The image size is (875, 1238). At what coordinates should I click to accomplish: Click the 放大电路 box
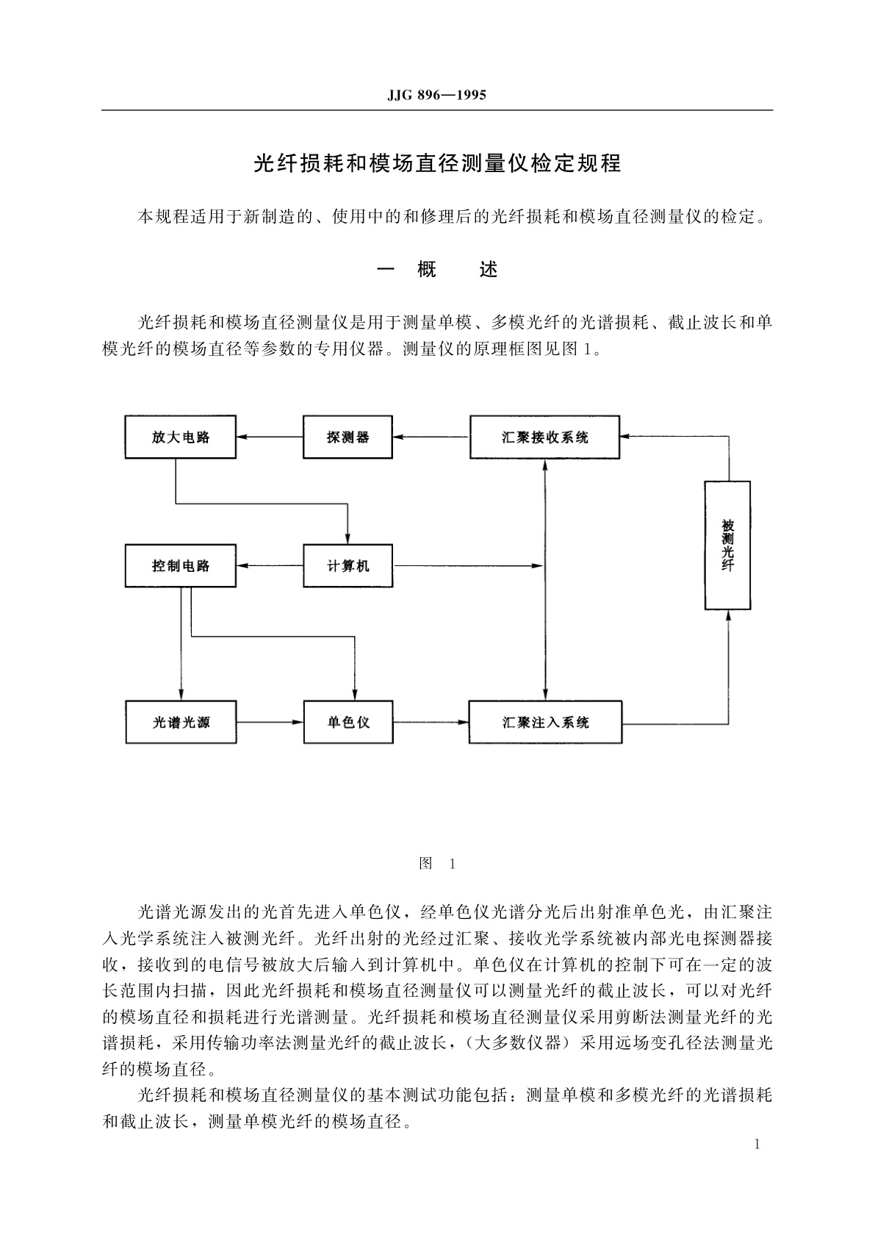tap(181, 437)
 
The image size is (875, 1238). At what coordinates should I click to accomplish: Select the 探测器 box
tap(348, 437)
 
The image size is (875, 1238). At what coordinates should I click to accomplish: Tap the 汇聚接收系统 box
tap(544, 437)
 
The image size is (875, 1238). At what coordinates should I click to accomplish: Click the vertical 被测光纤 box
tap(727, 545)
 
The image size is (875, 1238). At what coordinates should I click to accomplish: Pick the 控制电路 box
tap(181, 565)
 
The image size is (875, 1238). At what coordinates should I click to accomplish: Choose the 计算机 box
tap(348, 565)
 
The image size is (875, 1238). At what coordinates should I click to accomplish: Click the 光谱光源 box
tap(181, 722)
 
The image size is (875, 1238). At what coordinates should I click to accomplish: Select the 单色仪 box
tap(348, 722)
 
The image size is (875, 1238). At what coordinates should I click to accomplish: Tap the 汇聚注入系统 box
tap(545, 722)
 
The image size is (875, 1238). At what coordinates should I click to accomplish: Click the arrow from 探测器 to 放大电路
tap(270, 437)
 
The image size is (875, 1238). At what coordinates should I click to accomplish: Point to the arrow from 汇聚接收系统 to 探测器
tap(431, 437)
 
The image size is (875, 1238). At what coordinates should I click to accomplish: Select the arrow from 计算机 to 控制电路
tap(270, 565)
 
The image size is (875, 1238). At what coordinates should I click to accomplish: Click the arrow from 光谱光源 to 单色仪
tap(270, 722)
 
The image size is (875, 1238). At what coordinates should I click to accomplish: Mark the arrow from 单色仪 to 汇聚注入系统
tap(431, 722)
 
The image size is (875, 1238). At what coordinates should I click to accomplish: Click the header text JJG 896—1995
tap(436, 96)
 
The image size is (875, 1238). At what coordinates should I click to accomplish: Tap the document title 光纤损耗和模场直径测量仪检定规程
tap(437, 163)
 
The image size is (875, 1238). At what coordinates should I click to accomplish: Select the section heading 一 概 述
tap(437, 270)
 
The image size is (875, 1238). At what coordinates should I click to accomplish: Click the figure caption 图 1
tap(437, 864)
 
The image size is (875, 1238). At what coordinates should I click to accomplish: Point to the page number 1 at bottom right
tap(757, 1143)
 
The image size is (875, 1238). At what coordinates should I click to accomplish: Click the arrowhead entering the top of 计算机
tap(348, 539)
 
